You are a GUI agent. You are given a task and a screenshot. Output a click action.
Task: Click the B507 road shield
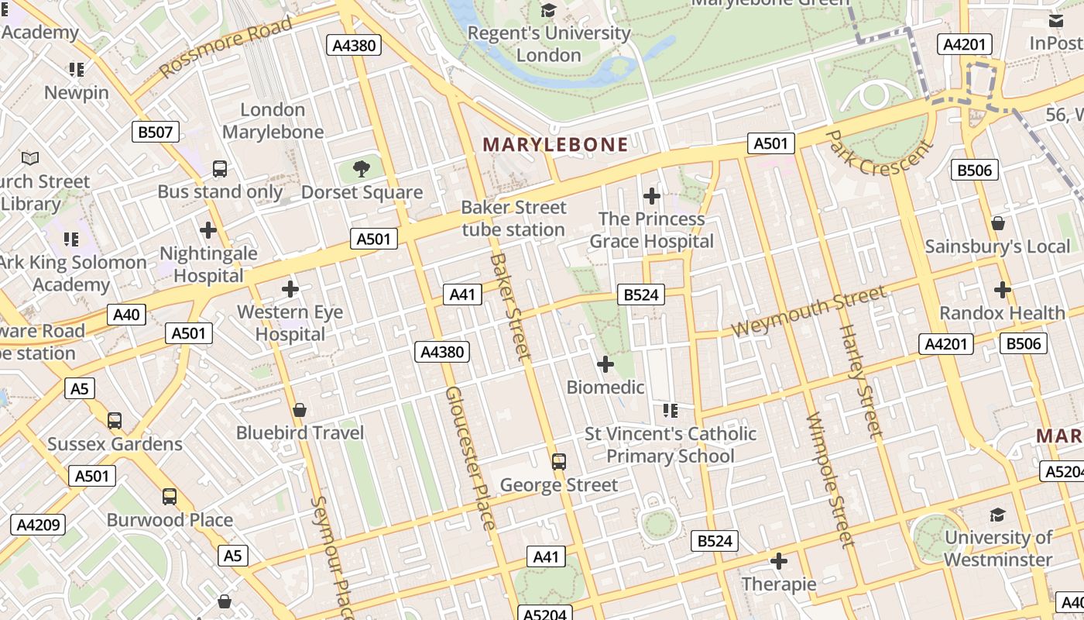pyautogui.click(x=155, y=132)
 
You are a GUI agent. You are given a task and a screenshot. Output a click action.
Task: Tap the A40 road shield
pyautogui.click(x=126, y=314)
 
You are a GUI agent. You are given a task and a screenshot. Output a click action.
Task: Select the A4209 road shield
pyautogui.click(x=38, y=525)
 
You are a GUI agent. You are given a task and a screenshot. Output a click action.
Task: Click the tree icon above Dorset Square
pyautogui.click(x=361, y=169)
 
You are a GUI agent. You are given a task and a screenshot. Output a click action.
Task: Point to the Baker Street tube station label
pyautogui.click(x=513, y=219)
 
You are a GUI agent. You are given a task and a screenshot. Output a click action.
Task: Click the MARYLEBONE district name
pyautogui.click(x=555, y=144)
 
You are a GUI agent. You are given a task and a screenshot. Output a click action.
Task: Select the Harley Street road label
pyautogui.click(x=861, y=381)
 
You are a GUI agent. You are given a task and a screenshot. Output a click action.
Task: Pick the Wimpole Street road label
pyautogui.click(x=829, y=480)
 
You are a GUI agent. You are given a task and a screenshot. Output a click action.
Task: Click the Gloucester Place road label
pyautogui.click(x=469, y=459)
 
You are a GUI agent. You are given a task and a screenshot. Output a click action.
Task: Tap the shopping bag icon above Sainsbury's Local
pyautogui.click(x=998, y=223)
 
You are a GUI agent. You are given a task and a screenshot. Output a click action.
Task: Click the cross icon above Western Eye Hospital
pyautogui.click(x=290, y=289)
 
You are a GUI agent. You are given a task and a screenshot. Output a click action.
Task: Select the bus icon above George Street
pyautogui.click(x=558, y=462)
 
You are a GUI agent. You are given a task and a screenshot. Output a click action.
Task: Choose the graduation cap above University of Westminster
pyautogui.click(x=997, y=515)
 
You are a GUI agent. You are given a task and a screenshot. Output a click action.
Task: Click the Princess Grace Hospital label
pyautogui.click(x=651, y=230)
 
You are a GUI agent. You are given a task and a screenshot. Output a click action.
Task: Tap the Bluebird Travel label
pyautogui.click(x=300, y=432)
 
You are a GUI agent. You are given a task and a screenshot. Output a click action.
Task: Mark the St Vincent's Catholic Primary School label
pyautogui.click(x=670, y=445)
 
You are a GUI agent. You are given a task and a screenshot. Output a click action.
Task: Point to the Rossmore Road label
pyautogui.click(x=226, y=47)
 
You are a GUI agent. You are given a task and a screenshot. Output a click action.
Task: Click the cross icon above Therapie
pyautogui.click(x=779, y=560)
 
